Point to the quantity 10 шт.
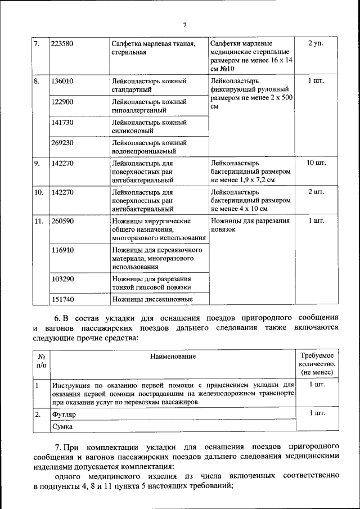317,163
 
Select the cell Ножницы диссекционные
152,299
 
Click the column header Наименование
173,357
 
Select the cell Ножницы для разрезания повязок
250,226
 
